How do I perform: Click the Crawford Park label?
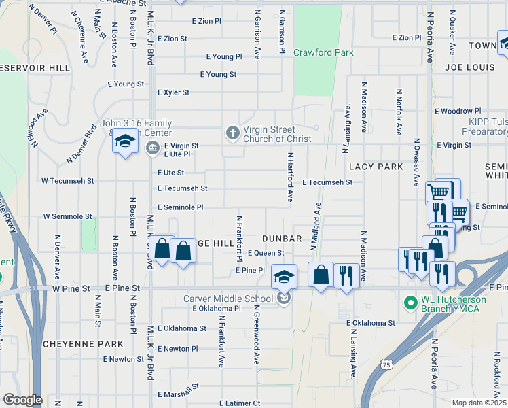pyautogui.click(x=323, y=52)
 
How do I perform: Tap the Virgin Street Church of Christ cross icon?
pyautogui.click(x=233, y=133)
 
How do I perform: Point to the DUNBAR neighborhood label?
pyautogui.click(x=282, y=239)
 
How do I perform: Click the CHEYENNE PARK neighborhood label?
pyautogui.click(x=83, y=344)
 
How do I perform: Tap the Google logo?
pyautogui.click(x=22, y=400)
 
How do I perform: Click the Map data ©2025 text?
pyautogui.click(x=479, y=403)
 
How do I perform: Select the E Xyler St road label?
pyautogui.click(x=173, y=92)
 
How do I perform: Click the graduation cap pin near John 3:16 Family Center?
pyautogui.click(x=124, y=142)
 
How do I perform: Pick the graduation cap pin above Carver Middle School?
pyautogui.click(x=285, y=276)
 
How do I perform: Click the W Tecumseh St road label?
pyautogui.click(x=67, y=182)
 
